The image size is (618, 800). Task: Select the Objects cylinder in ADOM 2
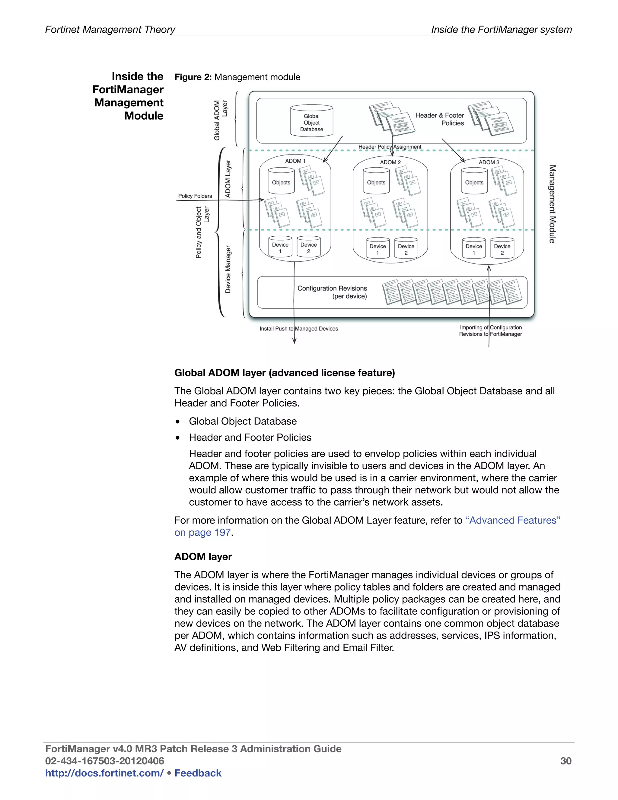click(x=376, y=181)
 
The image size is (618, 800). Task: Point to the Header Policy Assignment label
click(x=390, y=147)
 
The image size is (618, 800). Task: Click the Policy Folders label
click(x=195, y=196)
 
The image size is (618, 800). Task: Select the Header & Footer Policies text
click(x=439, y=119)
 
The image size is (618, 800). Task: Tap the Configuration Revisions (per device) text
click(x=332, y=292)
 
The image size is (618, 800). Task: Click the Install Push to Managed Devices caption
click(x=299, y=328)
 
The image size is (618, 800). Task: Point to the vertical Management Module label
click(x=552, y=204)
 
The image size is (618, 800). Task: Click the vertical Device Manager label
click(x=228, y=269)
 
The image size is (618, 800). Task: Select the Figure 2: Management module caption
click(x=237, y=77)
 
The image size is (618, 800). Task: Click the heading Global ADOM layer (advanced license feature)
click(x=285, y=373)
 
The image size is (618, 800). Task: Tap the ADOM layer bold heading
click(x=203, y=557)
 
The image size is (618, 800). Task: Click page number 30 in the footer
click(x=566, y=761)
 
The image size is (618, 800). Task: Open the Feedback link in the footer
click(x=198, y=773)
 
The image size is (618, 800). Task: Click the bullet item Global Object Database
click(x=242, y=421)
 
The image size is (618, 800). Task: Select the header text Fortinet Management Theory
click(x=110, y=29)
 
